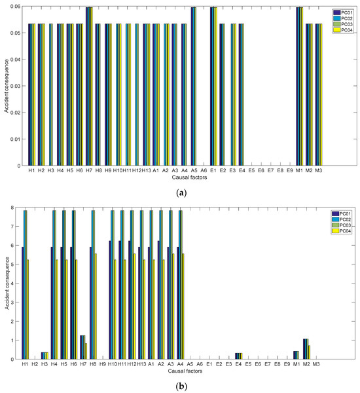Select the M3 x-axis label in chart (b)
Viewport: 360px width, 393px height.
(x=317, y=364)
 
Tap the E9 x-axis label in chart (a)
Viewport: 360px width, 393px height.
(x=289, y=170)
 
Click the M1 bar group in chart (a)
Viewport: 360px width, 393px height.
(x=298, y=86)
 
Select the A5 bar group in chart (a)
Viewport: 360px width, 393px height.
(x=194, y=86)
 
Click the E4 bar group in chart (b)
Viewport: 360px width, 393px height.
(x=239, y=356)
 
